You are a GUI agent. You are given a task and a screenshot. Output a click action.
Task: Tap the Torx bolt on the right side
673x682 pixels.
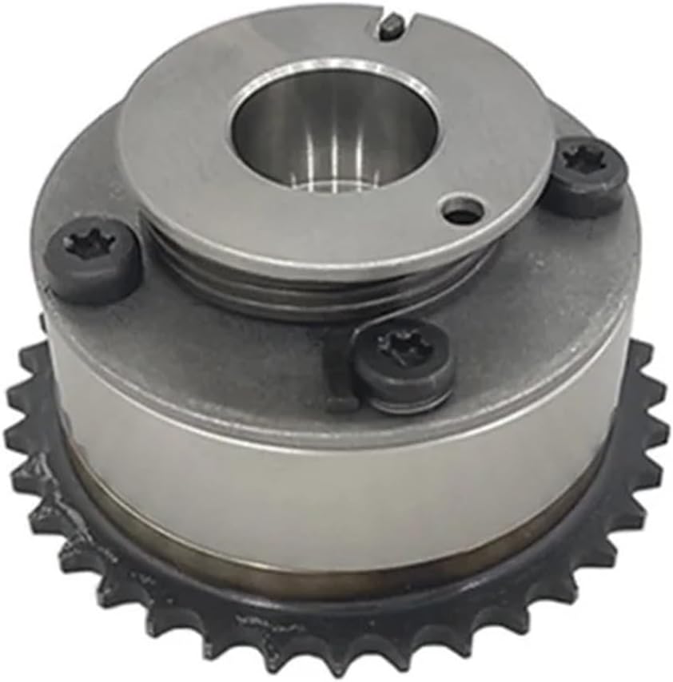tap(588, 174)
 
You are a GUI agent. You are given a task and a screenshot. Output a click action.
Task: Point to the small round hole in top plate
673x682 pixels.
tap(464, 212)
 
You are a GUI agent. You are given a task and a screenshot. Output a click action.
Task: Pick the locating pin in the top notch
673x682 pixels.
tap(389, 29)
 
